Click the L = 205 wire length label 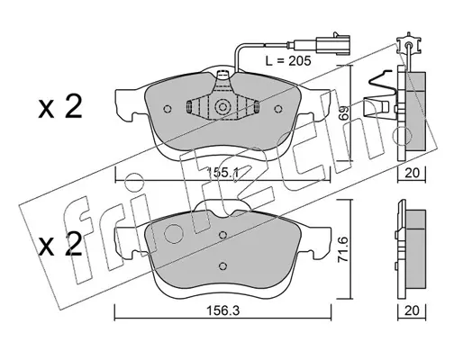tap(288, 61)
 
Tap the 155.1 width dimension tap(222, 173)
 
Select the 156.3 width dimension tap(222, 310)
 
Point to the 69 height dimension tap(345, 112)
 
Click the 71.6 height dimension tap(344, 249)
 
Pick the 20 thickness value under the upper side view tap(412, 173)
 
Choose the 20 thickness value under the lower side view tap(412, 310)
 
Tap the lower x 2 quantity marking tap(60, 245)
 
